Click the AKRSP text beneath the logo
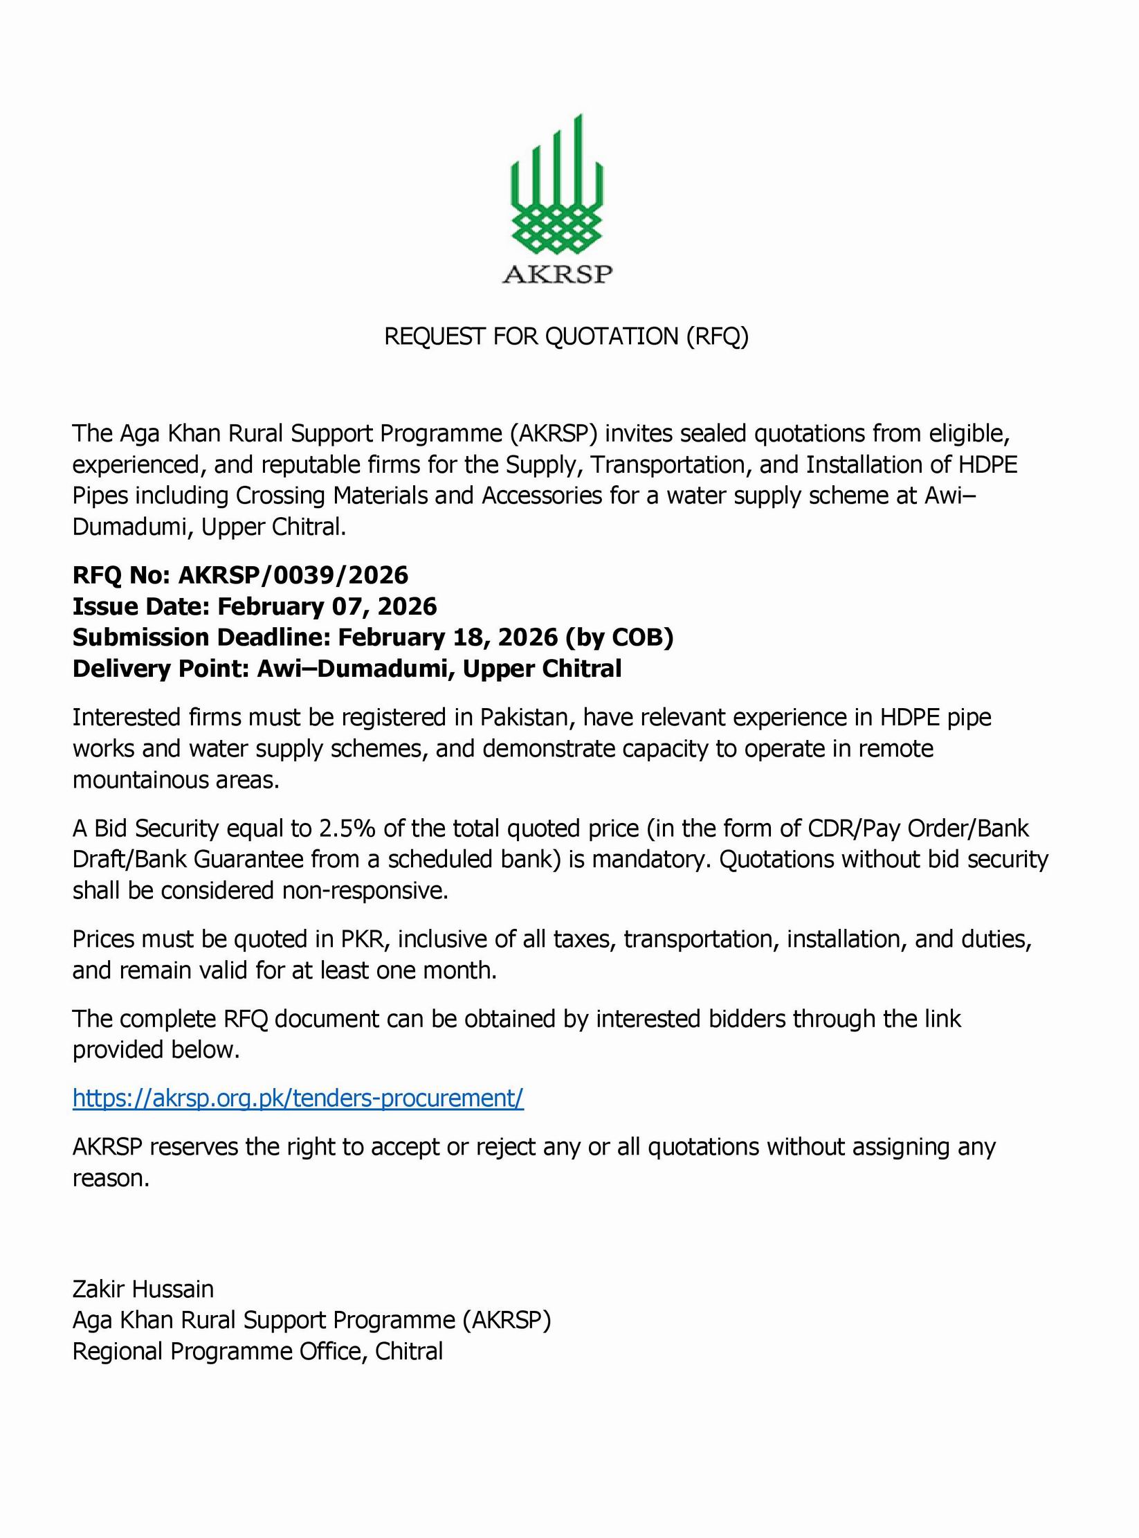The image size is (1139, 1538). coord(557,275)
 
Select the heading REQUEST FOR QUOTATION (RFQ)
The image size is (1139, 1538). coord(566,336)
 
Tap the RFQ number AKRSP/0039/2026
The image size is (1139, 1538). coord(293,575)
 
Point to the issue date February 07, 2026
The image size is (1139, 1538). coord(327,606)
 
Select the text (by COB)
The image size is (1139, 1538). coord(619,637)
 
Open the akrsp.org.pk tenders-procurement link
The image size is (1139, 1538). coord(298,1098)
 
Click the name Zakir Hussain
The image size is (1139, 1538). coord(143,1289)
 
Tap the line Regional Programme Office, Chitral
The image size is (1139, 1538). coord(257,1351)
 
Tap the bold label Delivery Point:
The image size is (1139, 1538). coord(161,669)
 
